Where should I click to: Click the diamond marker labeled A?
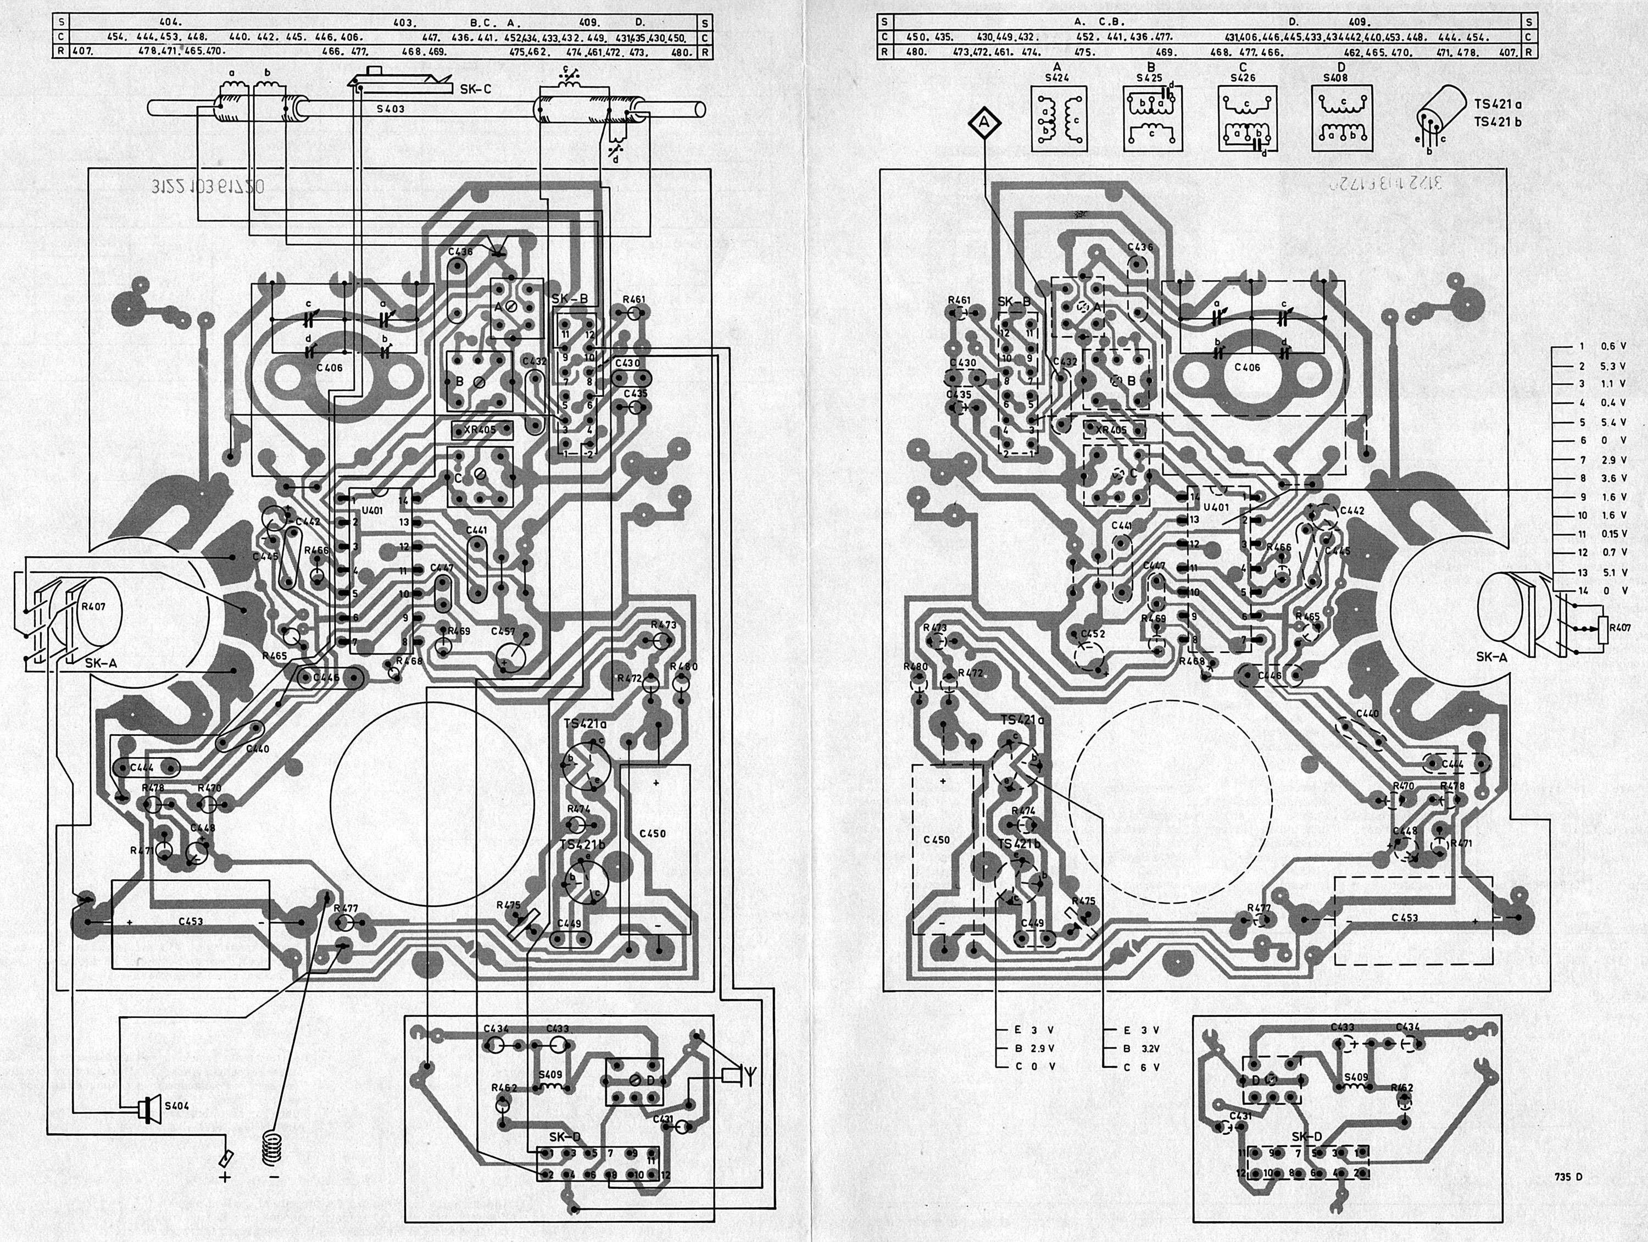[984, 123]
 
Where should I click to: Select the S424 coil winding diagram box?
[1057, 118]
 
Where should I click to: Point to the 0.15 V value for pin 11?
[1612, 534]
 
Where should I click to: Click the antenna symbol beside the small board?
[738, 1075]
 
